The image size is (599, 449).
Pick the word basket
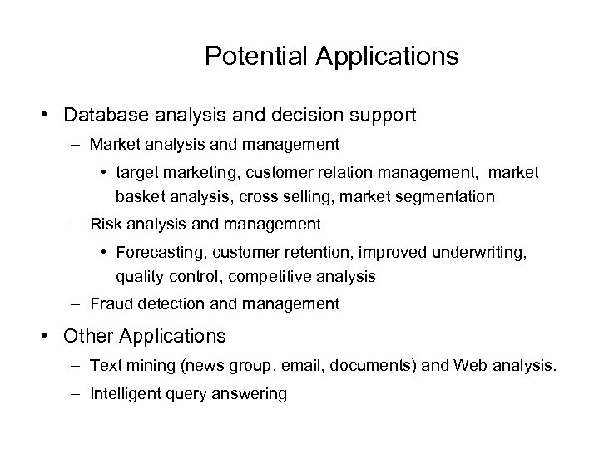coord(138,197)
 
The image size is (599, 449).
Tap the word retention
coord(312,251)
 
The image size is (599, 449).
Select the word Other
coord(90,336)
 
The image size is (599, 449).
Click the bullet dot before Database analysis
coord(52,114)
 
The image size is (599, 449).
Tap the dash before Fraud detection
coord(76,304)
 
